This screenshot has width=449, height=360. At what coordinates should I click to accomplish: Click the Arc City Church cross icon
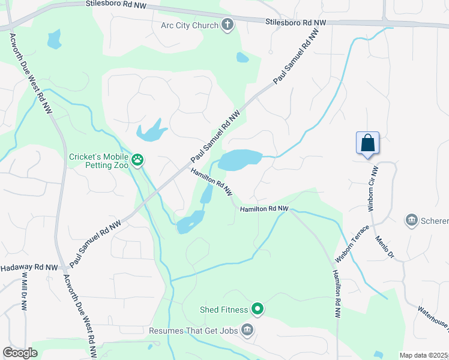tap(227, 25)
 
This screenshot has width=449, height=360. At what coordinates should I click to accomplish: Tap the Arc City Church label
tap(190, 25)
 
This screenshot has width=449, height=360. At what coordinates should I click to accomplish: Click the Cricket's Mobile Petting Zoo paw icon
tap(138, 160)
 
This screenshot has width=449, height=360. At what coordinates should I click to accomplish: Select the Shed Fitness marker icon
tap(258, 310)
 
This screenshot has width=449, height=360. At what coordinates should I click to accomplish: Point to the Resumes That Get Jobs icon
tap(247, 329)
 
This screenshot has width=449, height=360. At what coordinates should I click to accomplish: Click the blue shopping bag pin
tap(367, 143)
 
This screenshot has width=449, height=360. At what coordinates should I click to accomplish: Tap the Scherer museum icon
tap(412, 220)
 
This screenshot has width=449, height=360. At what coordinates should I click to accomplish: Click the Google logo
tap(20, 353)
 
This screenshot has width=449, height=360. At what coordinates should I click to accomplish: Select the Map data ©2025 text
tap(423, 355)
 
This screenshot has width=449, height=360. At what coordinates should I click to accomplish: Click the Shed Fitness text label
tap(224, 310)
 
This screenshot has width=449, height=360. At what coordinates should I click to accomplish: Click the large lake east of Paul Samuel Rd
tap(240, 160)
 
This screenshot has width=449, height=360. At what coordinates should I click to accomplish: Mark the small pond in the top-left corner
tap(54, 40)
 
